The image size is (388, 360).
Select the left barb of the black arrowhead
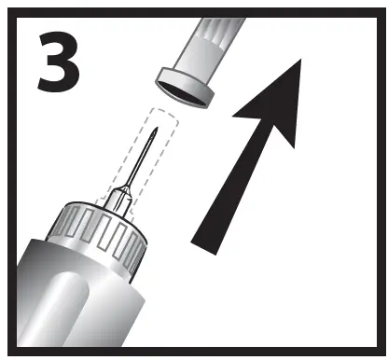coord(236,116)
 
